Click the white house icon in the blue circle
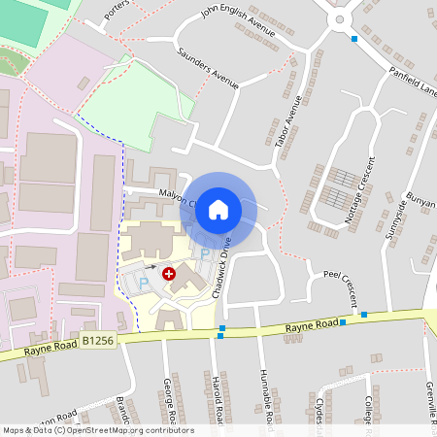(218, 209)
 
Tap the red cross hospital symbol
(169, 275)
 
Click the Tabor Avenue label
(288, 120)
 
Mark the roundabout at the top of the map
(340, 17)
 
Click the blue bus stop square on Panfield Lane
(354, 39)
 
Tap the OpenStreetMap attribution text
(99, 430)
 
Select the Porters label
(117, 10)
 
